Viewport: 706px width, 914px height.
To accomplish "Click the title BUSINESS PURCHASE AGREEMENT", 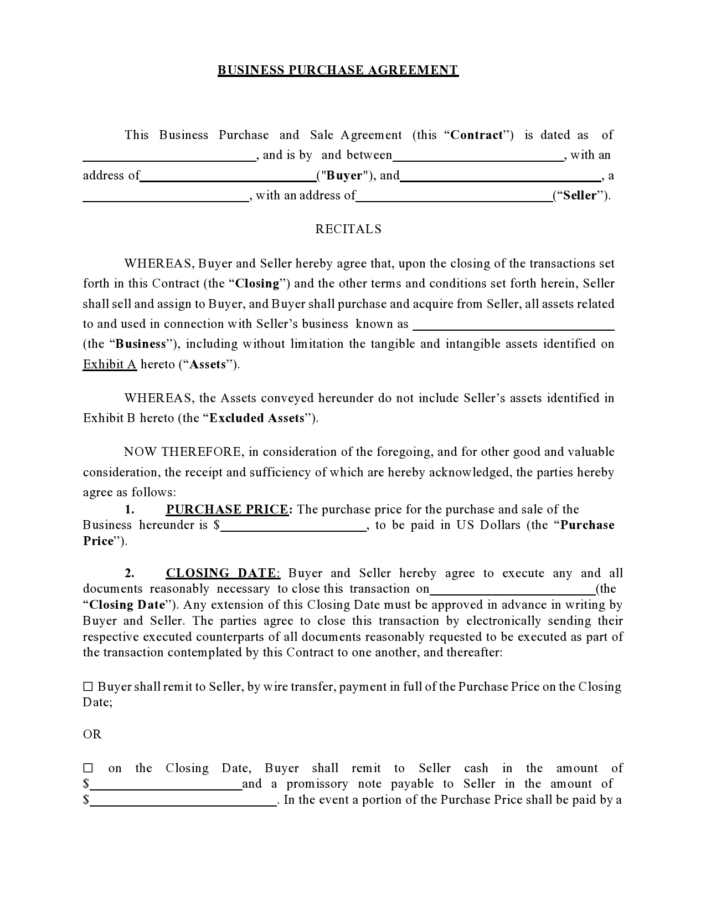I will tap(338, 70).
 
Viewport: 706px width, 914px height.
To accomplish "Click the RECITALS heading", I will tap(348, 229).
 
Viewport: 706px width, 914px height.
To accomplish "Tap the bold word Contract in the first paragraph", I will tap(477, 135).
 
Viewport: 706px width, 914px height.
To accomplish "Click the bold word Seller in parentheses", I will tap(581, 196).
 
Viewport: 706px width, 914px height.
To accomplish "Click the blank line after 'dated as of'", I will tap(169, 157).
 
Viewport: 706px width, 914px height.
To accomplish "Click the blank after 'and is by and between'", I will tap(478, 157).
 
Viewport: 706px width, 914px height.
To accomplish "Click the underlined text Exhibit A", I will tap(110, 364).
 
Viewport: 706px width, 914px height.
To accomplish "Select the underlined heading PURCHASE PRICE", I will tap(227, 510).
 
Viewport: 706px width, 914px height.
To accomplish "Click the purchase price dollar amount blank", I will tap(293, 527).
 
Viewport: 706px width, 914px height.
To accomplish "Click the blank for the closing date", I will tap(512, 590).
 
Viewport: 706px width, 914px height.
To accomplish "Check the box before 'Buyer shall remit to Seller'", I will tap(88, 687).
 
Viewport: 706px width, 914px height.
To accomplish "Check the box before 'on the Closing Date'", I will tap(88, 768).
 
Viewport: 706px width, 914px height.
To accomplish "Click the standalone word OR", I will tap(92, 735).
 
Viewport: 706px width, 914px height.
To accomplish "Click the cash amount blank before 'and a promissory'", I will tap(166, 786).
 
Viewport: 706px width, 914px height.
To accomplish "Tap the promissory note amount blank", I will tap(183, 802).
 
